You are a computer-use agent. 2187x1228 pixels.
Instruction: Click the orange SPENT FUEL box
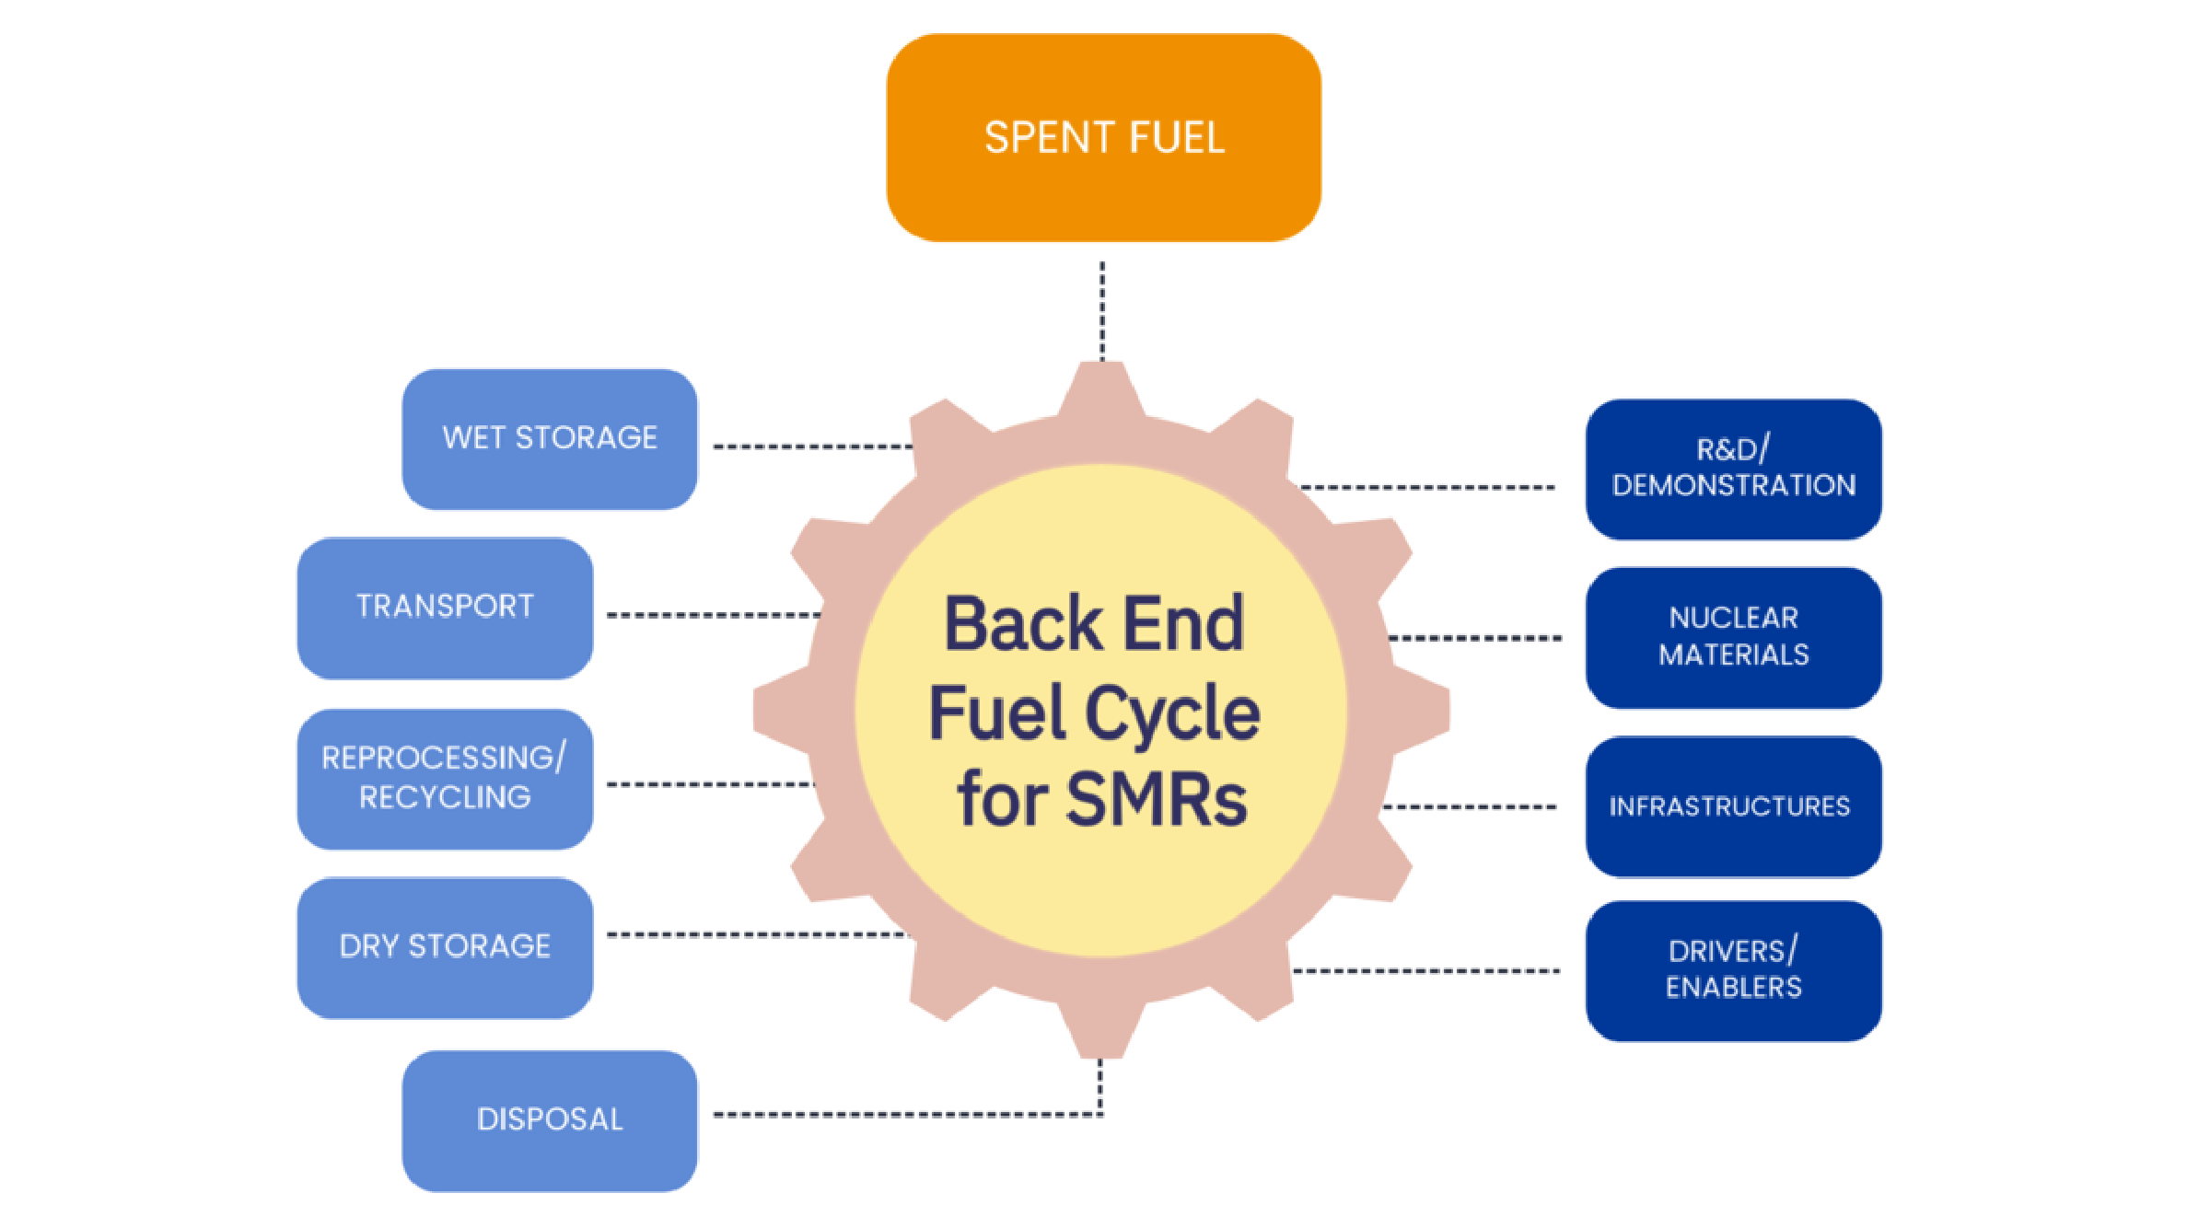[x=1103, y=138]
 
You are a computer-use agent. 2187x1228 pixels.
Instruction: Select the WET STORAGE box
[x=550, y=439]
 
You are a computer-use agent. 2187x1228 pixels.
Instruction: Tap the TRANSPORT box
[x=445, y=608]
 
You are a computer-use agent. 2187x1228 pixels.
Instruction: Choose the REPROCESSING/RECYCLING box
[x=445, y=778]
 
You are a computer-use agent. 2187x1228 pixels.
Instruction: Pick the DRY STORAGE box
[x=445, y=947]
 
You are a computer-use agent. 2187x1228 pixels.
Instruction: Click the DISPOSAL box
[x=550, y=1120]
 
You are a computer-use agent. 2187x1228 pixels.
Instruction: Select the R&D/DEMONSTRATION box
[x=1733, y=469]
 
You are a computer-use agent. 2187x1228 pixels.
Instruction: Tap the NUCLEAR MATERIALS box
[x=1733, y=637]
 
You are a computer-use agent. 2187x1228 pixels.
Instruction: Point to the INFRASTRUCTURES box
[x=1733, y=806]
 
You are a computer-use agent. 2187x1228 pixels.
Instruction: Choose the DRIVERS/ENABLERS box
[x=1733, y=970]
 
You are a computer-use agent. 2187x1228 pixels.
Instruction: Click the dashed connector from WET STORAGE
[x=810, y=446]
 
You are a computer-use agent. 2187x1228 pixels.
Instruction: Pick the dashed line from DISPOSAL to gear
[x=902, y=1115]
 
